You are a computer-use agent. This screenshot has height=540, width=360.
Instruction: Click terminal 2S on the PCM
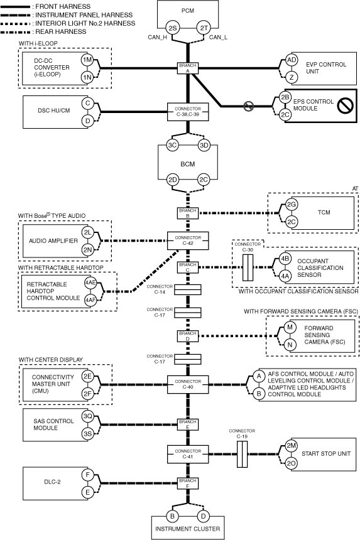(x=172, y=28)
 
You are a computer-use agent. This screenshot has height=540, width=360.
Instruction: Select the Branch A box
(x=188, y=68)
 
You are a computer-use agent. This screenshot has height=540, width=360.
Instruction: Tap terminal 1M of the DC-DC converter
(x=87, y=60)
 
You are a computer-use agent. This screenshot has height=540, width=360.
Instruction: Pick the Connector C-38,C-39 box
(x=188, y=112)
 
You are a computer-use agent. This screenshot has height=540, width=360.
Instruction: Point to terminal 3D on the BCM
(x=204, y=145)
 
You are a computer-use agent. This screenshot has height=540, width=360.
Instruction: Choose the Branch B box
(x=188, y=213)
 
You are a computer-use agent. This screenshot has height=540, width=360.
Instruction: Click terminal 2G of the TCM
(x=292, y=205)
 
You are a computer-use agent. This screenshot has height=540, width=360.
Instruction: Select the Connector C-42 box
(x=188, y=240)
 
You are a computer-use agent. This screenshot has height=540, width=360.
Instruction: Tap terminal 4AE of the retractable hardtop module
(x=90, y=283)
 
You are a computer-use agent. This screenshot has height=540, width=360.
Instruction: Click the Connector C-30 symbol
(x=248, y=267)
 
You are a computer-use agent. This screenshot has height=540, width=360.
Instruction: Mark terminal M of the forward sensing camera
(x=290, y=327)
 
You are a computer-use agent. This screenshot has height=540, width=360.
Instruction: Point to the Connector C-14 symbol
(x=187, y=289)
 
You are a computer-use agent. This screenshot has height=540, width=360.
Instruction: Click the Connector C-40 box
(x=188, y=384)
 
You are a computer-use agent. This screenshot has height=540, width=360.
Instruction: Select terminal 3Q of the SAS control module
(x=87, y=416)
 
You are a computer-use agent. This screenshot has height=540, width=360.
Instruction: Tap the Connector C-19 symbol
(x=242, y=454)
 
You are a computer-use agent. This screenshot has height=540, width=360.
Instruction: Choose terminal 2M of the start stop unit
(x=292, y=445)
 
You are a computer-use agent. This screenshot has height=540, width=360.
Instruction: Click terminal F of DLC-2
(x=87, y=475)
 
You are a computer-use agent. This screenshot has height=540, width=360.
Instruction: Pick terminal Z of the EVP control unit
(x=292, y=77)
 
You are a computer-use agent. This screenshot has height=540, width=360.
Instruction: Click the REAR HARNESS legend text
(x=61, y=31)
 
